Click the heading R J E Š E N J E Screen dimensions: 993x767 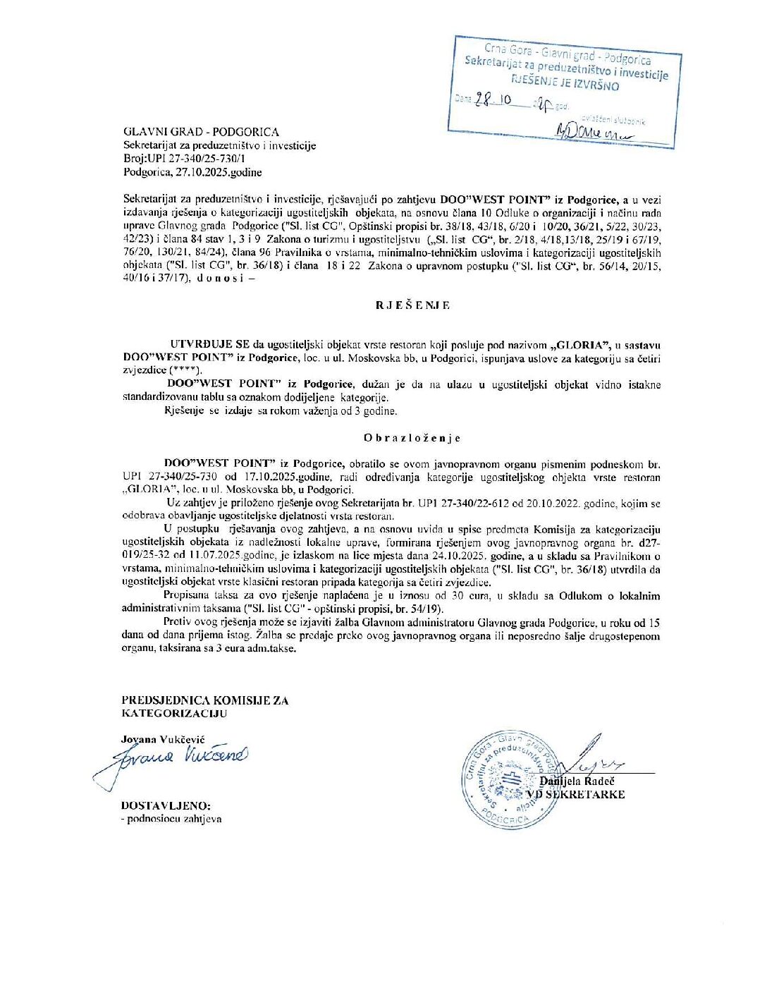(412, 305)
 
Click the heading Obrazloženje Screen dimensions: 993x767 (412, 438)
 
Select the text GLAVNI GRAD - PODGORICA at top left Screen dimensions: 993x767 (201, 132)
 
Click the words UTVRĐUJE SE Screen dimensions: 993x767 (210, 345)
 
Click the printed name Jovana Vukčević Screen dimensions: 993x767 (163, 739)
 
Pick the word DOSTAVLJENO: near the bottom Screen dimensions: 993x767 (166, 805)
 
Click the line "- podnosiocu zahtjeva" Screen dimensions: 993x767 (171, 819)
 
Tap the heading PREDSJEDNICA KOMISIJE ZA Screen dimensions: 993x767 (205, 700)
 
